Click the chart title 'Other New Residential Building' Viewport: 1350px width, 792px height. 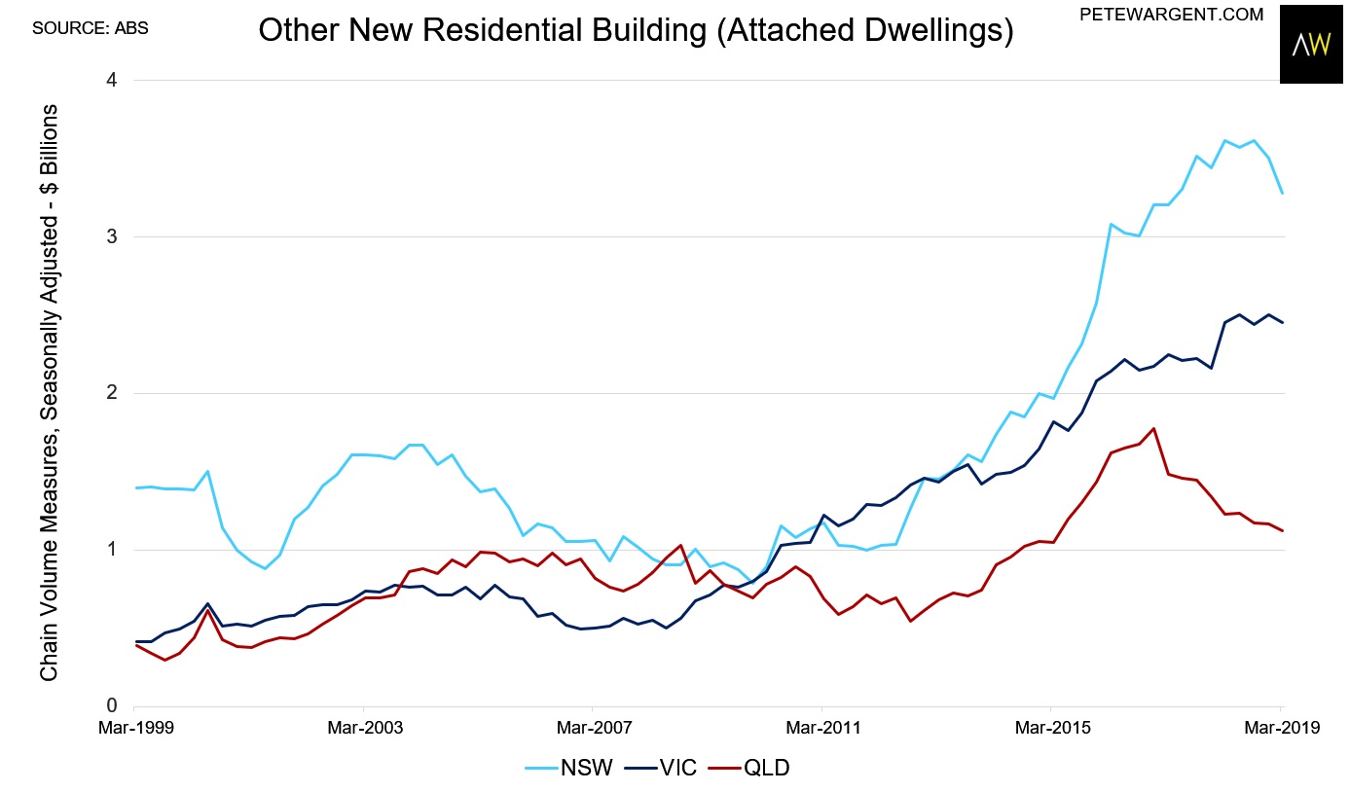[x=482, y=29]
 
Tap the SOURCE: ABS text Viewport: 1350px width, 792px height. [x=90, y=28]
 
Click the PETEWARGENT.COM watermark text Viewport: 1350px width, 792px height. [x=1171, y=15]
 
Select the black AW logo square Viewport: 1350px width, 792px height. [x=1311, y=44]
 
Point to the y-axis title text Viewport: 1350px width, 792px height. [x=49, y=393]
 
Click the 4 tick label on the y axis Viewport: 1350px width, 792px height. [x=112, y=80]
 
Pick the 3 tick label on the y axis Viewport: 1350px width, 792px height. [x=112, y=236]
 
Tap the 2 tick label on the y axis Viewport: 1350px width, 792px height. [x=112, y=393]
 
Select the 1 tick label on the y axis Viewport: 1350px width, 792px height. [x=112, y=550]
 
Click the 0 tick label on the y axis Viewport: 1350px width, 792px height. [x=112, y=705]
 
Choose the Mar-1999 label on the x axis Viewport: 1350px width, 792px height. [x=136, y=728]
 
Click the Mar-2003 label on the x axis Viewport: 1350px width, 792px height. [x=365, y=728]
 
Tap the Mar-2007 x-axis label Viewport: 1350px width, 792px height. [x=595, y=728]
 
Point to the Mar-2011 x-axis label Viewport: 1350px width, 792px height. [x=823, y=728]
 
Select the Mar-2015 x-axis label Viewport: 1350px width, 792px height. [x=1053, y=728]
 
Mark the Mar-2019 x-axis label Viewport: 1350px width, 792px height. [x=1282, y=728]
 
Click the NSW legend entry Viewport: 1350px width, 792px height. [x=568, y=768]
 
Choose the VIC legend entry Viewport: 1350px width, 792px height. [x=661, y=768]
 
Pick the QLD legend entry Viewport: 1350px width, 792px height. [x=748, y=768]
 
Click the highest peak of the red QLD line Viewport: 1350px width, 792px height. [x=1153, y=429]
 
